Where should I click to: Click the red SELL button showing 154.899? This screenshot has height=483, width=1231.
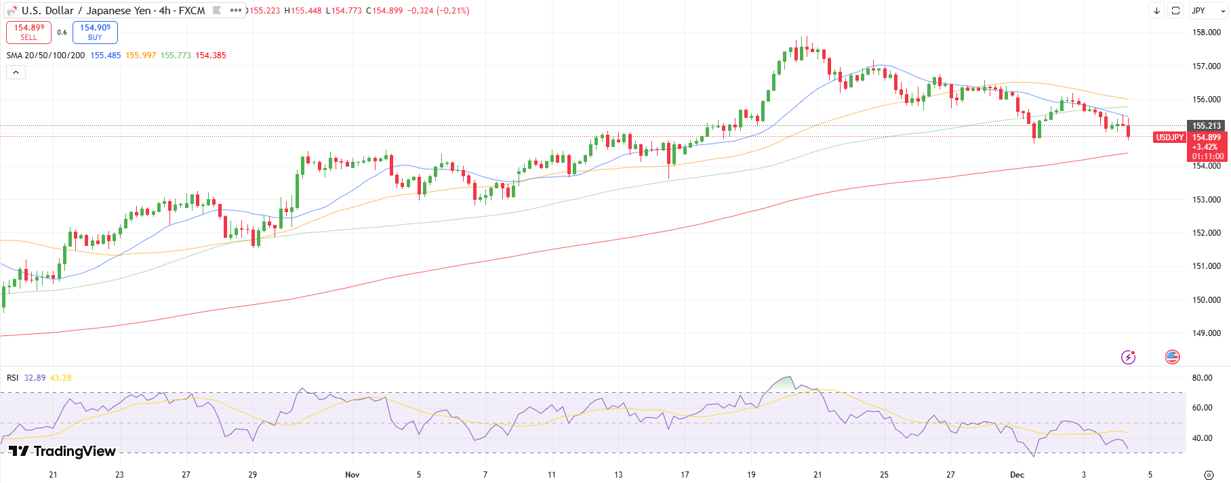coord(28,32)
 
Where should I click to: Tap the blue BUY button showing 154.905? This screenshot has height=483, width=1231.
coord(95,32)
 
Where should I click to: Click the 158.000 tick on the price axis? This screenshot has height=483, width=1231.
coord(1206,33)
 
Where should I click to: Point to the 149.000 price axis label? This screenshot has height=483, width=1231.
coord(1206,333)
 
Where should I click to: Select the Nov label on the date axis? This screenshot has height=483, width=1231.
coord(352,475)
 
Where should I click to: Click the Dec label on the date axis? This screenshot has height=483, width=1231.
coord(1017,475)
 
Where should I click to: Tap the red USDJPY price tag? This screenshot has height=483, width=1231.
coord(1169,138)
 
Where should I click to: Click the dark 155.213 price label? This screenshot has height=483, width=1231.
coord(1206,126)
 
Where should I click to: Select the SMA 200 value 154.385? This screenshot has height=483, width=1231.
coord(211,56)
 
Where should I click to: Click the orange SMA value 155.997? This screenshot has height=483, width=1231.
coord(140,56)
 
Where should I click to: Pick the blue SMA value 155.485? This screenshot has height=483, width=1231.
coord(105,56)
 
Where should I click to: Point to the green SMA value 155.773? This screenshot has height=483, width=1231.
coord(176,56)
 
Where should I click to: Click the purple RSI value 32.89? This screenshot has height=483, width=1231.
coord(35,378)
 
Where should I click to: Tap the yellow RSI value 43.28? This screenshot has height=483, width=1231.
coord(60,378)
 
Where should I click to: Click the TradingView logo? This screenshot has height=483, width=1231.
coord(62,451)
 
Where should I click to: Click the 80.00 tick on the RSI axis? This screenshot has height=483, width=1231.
coord(1202,378)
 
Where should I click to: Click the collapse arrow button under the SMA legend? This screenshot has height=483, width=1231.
coord(16,72)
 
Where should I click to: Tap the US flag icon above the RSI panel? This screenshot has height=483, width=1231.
coord(1172,357)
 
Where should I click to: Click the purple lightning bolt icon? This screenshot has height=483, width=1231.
coord(1128,357)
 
